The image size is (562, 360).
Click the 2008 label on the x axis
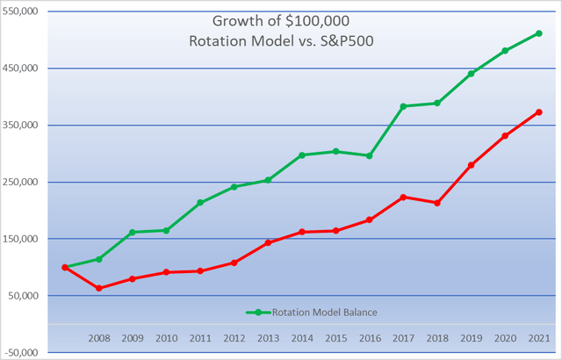click(99, 338)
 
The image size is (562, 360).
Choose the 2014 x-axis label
click(302, 338)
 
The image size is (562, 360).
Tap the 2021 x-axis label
click(539, 338)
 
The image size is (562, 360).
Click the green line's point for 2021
click(538, 33)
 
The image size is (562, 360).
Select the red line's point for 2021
click(538, 112)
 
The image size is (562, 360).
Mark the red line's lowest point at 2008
click(98, 288)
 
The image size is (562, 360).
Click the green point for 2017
click(403, 106)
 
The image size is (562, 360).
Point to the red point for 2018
click(437, 203)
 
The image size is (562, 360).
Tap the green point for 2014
click(302, 155)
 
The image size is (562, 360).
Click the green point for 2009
click(133, 233)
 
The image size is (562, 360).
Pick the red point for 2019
click(471, 165)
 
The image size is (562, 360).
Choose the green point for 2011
click(200, 203)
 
